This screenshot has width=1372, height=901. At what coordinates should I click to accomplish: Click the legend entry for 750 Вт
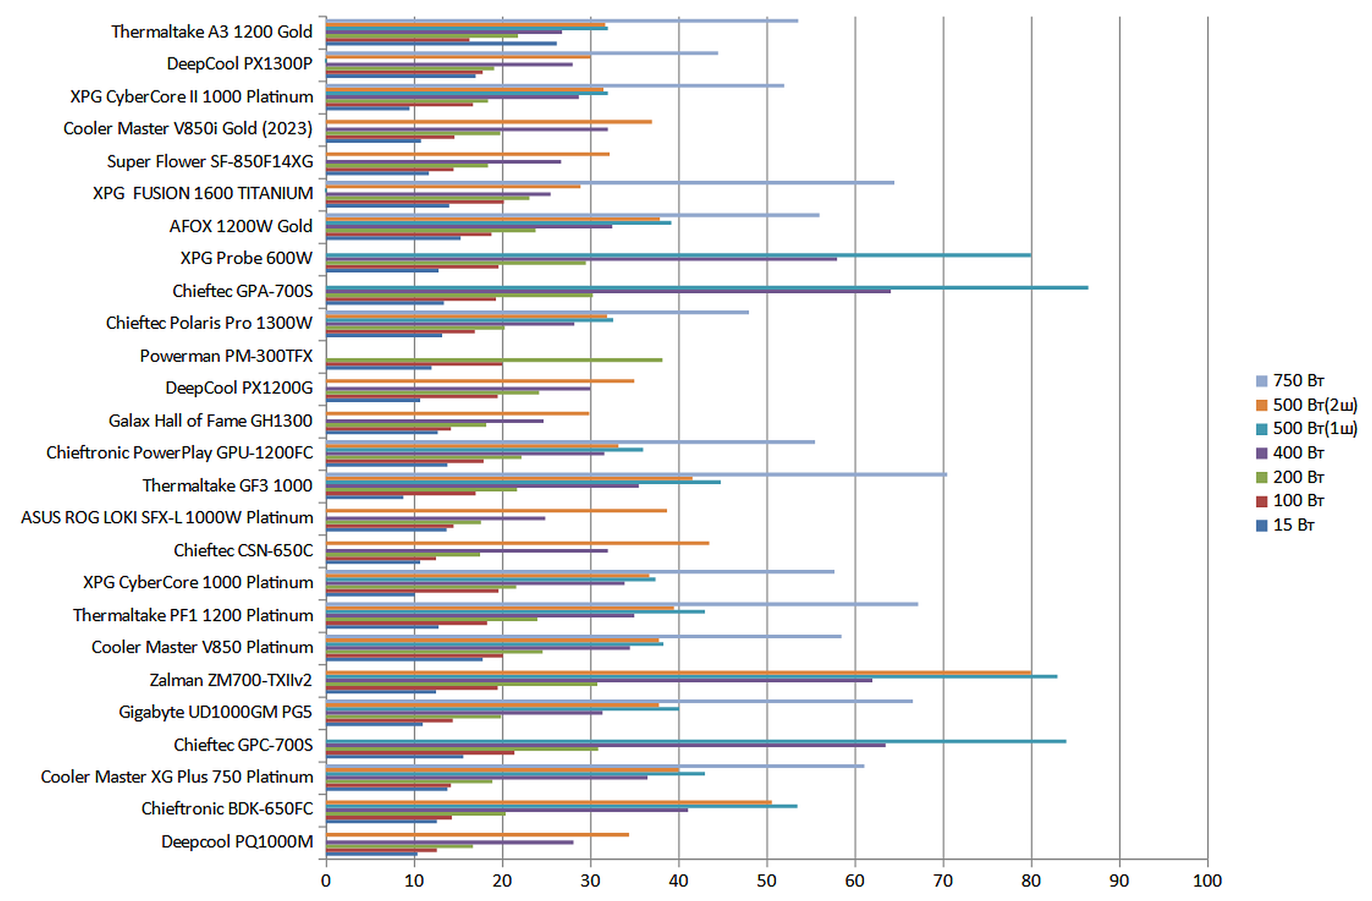pos(1297,381)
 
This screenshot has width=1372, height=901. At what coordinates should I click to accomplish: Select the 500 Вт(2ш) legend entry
pos(1314,405)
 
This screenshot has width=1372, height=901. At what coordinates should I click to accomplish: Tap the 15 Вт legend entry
pos(1293,525)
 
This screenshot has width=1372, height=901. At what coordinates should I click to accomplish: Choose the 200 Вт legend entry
pos(1297,477)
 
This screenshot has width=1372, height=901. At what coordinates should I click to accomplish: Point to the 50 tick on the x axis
pos(767,881)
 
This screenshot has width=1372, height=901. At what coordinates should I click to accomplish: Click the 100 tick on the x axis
pos(1207,881)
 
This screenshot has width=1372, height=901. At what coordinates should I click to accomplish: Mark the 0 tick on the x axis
pos(326,881)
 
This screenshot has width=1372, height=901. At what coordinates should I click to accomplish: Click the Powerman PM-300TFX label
pos(226,356)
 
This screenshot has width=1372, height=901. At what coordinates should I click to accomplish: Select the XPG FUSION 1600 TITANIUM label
pos(203,193)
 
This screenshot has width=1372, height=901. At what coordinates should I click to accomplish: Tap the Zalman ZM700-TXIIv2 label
pos(231,680)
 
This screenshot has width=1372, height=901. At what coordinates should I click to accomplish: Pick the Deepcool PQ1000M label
pos(237,842)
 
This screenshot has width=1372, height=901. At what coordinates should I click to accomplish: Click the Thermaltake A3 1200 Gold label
pos(211,32)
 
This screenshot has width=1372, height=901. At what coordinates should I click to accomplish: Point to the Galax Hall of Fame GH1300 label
pos(210,421)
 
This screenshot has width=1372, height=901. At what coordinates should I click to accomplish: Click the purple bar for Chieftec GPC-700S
pos(605,745)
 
